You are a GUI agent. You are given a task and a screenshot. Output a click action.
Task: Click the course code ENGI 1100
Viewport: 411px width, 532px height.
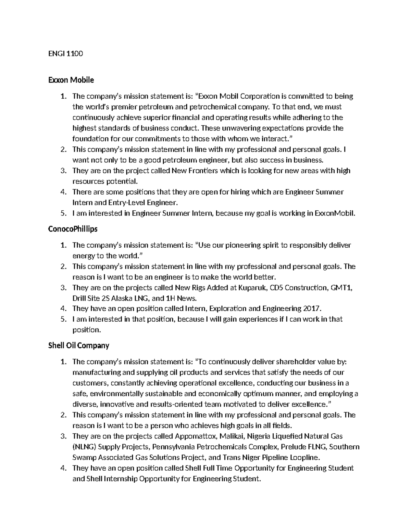click(66, 54)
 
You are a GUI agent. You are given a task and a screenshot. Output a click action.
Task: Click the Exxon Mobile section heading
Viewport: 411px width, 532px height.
click(71, 80)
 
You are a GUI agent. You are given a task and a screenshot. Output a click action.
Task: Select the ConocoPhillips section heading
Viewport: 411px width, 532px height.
click(73, 229)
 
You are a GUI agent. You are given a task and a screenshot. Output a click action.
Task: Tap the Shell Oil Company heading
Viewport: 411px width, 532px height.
click(79, 346)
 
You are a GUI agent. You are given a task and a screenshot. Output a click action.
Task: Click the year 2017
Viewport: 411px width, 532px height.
click(312, 309)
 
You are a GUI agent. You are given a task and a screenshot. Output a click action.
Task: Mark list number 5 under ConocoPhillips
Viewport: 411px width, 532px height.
click(63, 319)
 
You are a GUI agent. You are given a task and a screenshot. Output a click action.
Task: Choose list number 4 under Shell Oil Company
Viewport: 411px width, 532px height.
click(63, 468)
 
